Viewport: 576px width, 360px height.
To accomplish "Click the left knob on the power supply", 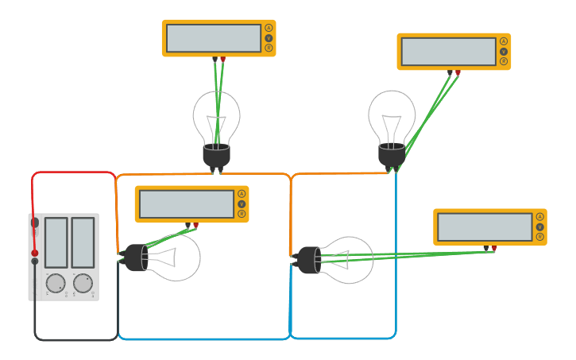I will (56, 283).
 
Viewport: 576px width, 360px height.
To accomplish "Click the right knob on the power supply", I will (83, 283).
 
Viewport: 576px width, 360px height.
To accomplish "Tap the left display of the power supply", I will (56, 242).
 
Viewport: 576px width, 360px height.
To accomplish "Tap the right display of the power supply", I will (83, 242).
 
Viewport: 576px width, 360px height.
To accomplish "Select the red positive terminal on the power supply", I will (34, 254).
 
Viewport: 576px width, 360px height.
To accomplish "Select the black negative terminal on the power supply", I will (34, 261).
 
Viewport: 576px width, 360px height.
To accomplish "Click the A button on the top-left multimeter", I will (269, 28).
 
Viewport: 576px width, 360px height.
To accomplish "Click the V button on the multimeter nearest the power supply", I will (242, 204).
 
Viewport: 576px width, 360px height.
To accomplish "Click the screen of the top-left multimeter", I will (214, 38).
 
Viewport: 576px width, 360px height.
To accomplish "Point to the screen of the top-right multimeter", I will (449, 52).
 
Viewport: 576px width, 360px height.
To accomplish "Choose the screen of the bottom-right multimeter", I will (485, 227).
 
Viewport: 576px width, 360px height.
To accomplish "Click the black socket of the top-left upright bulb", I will (216, 155).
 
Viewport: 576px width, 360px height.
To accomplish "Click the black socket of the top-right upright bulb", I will (391, 155).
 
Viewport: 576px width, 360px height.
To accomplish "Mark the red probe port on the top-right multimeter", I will (458, 72).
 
